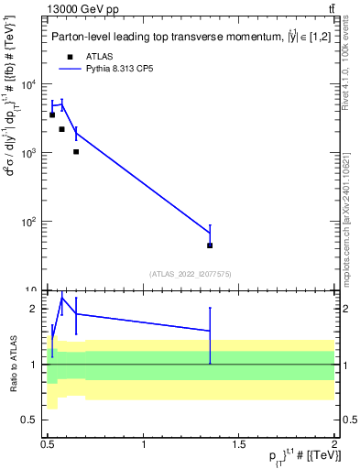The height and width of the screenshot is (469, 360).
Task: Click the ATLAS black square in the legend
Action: (x=70, y=56)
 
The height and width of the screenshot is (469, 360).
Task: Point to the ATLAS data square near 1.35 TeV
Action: (x=210, y=245)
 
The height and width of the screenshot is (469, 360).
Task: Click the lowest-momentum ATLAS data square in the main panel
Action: (x=52, y=115)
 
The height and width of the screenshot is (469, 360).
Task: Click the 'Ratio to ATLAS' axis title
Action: (x=13, y=364)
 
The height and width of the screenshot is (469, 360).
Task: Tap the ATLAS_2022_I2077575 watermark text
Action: (x=190, y=274)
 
